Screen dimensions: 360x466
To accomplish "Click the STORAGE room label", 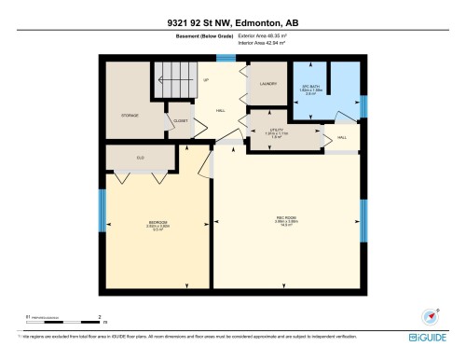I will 130,116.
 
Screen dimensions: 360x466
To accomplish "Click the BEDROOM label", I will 158,222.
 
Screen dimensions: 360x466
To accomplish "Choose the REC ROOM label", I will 286,221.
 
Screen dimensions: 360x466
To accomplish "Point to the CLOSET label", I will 180,120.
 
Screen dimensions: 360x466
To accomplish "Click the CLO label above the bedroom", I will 140,158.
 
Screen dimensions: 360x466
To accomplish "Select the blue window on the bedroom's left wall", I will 102,210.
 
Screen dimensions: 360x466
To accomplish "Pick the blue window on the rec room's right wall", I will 364,220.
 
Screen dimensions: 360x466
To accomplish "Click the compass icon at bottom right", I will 431,316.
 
